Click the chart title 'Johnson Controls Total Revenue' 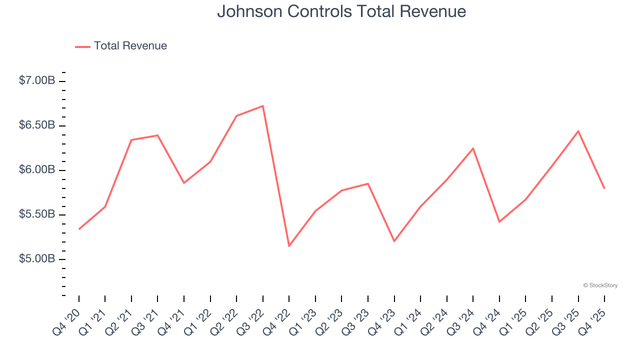point(341,11)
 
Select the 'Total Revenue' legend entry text point(130,46)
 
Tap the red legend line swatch point(82,46)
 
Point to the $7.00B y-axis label point(37,80)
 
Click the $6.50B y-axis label point(37,125)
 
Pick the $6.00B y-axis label point(37,170)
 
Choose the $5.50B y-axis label point(37,214)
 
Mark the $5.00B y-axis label point(37,259)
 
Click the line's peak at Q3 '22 point(263,106)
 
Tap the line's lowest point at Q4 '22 point(289,245)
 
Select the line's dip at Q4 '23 point(394,241)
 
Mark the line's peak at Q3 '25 point(578,131)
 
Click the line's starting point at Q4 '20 point(79,229)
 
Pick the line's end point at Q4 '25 point(604,188)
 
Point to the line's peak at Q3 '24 point(473,148)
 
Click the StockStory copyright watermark point(600,285)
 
